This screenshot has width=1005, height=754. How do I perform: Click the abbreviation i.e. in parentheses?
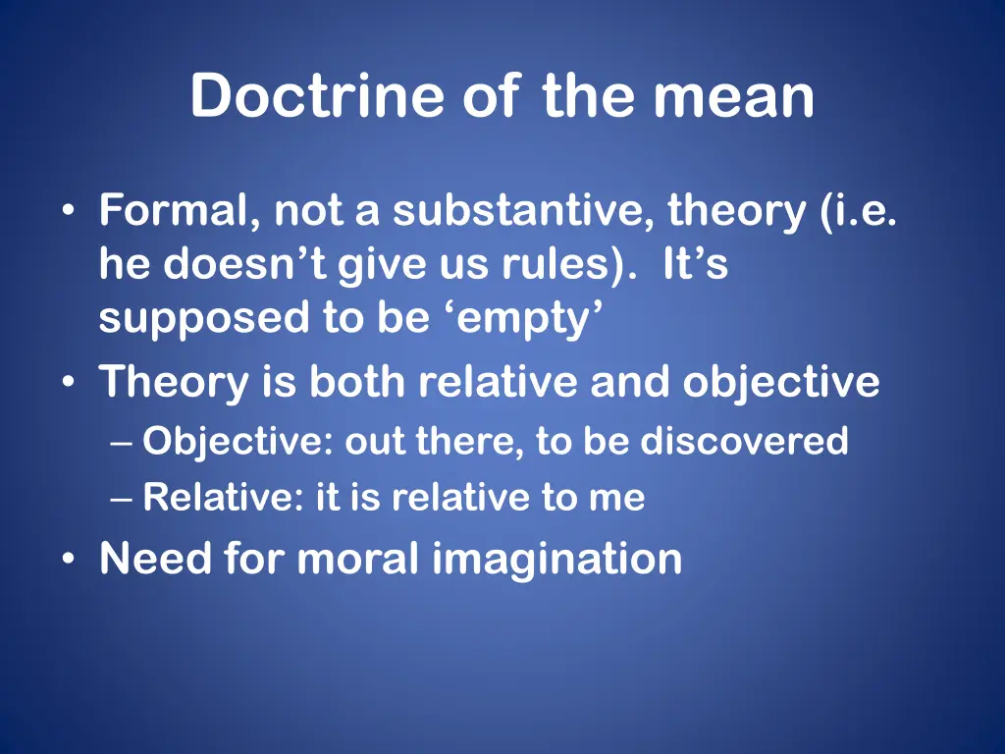pyautogui.click(x=861, y=211)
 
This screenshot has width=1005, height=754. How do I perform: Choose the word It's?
pyautogui.click(x=696, y=266)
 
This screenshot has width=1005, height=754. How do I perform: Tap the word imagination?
pyautogui.click(x=556, y=559)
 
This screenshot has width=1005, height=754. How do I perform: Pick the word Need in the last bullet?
pyautogui.click(x=155, y=559)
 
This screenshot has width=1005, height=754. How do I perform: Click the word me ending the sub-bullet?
pyautogui.click(x=617, y=499)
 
